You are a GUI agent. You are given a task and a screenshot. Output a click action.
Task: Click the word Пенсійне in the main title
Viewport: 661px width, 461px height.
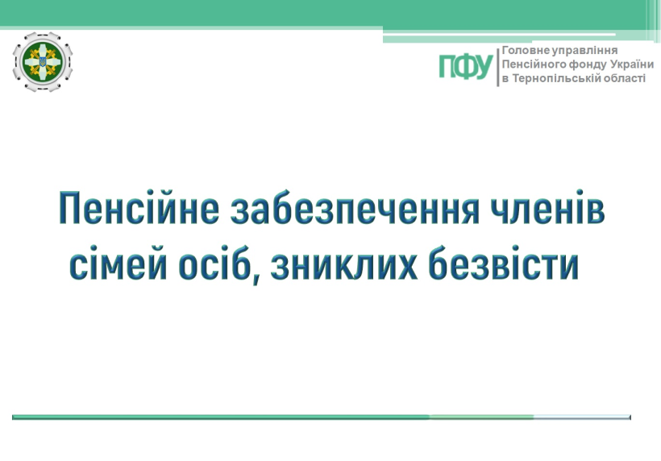coord(139,207)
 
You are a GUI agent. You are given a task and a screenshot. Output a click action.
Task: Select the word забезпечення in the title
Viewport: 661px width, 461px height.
coord(355,209)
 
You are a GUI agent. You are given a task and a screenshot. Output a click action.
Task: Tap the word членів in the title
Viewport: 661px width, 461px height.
coord(547,207)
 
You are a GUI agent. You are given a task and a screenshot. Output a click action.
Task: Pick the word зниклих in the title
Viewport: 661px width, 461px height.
coord(344,265)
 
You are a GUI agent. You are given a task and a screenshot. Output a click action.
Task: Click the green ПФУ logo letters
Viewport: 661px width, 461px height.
coord(466,67)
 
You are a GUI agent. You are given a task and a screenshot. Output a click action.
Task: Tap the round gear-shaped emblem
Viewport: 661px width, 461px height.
coord(43,61)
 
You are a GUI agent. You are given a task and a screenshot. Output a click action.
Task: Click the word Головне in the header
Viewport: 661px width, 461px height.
coord(526,51)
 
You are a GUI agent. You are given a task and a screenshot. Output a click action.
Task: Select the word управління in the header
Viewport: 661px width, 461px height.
coord(585,51)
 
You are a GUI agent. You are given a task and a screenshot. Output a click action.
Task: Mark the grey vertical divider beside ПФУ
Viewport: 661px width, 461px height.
coord(498,67)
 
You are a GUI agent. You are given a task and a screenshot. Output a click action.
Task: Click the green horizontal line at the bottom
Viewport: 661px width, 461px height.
coord(321,417)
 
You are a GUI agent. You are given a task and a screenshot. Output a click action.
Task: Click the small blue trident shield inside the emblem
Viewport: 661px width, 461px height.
coord(43,62)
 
